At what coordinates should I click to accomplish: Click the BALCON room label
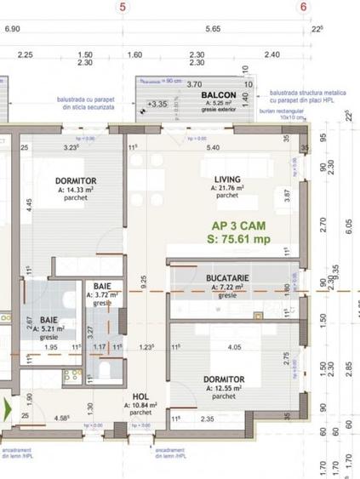coord(219,95)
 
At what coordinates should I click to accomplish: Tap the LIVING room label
coord(227,179)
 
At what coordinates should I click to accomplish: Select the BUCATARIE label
coord(226,278)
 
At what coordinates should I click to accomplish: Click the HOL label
coord(141,396)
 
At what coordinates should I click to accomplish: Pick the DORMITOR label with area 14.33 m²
coord(76,181)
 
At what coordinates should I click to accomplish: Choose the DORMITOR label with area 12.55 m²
coord(225,379)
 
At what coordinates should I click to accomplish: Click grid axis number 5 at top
coord(124,7)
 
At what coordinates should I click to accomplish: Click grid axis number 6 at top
coord(303,7)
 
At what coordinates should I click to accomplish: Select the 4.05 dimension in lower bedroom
coord(236,347)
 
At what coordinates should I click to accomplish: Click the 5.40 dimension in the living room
coord(213,147)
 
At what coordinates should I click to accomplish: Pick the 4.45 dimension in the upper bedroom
coord(28,204)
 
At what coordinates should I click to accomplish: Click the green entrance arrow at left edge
coord(7,408)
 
